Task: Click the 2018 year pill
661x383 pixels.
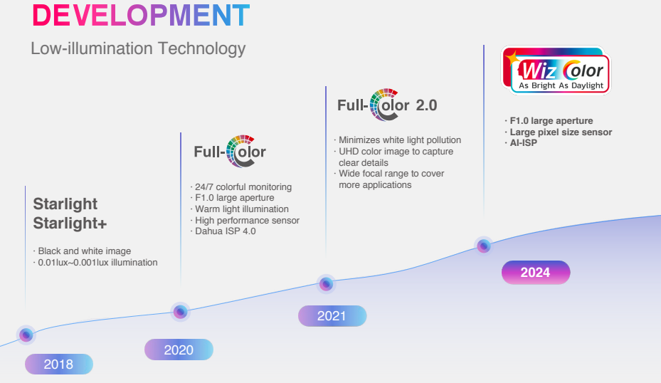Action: pos(59,364)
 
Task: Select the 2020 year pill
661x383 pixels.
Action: pos(179,350)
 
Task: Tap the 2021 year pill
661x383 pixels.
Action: pos(332,316)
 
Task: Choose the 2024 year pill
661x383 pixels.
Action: pos(536,273)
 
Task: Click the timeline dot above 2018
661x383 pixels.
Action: pos(26,335)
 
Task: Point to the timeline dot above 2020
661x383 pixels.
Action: pos(181,312)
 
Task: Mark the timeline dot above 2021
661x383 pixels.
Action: pos(326,284)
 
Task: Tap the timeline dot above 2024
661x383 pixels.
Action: pos(484,246)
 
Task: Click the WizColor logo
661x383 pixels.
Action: pos(556,70)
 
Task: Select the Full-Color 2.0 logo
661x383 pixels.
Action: pos(387,105)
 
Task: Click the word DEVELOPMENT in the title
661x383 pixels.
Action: pos(141,16)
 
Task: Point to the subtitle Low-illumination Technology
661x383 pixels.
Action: pos(138,48)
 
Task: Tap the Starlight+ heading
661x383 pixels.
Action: pos(70,223)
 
